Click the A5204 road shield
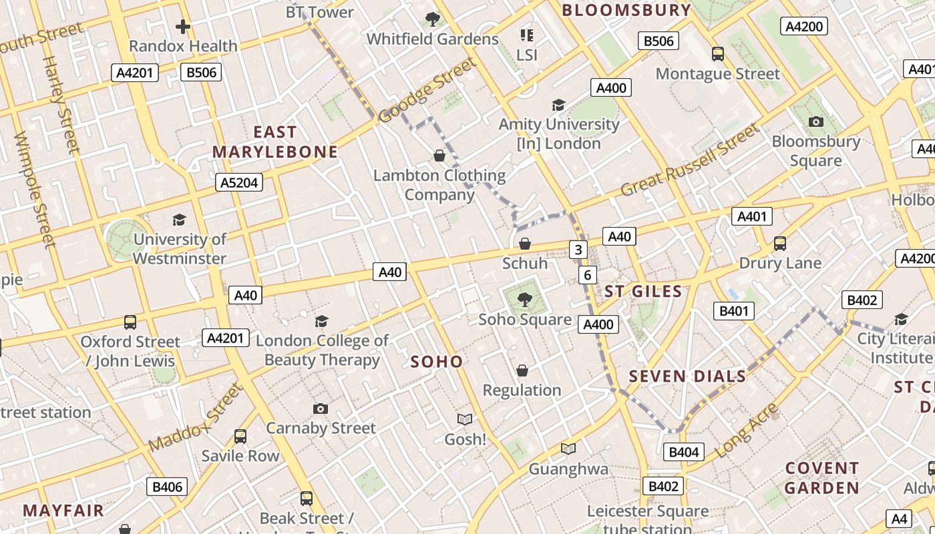[x=239, y=182]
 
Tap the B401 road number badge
[x=733, y=311]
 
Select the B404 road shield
[x=683, y=452]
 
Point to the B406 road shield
[x=167, y=487]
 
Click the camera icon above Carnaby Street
[x=321, y=409]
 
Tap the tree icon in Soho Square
[x=525, y=300]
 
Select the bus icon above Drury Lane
[x=779, y=244]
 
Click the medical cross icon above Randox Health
[x=183, y=27]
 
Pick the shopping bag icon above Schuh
[x=525, y=244]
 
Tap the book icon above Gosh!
[x=465, y=419]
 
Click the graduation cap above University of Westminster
[x=179, y=220]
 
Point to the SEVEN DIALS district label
[x=687, y=376]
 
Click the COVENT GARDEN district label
[x=821, y=478]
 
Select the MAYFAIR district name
[x=63, y=511]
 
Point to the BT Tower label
[x=320, y=12]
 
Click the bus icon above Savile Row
[x=240, y=437]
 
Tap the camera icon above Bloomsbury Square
[x=815, y=121]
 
